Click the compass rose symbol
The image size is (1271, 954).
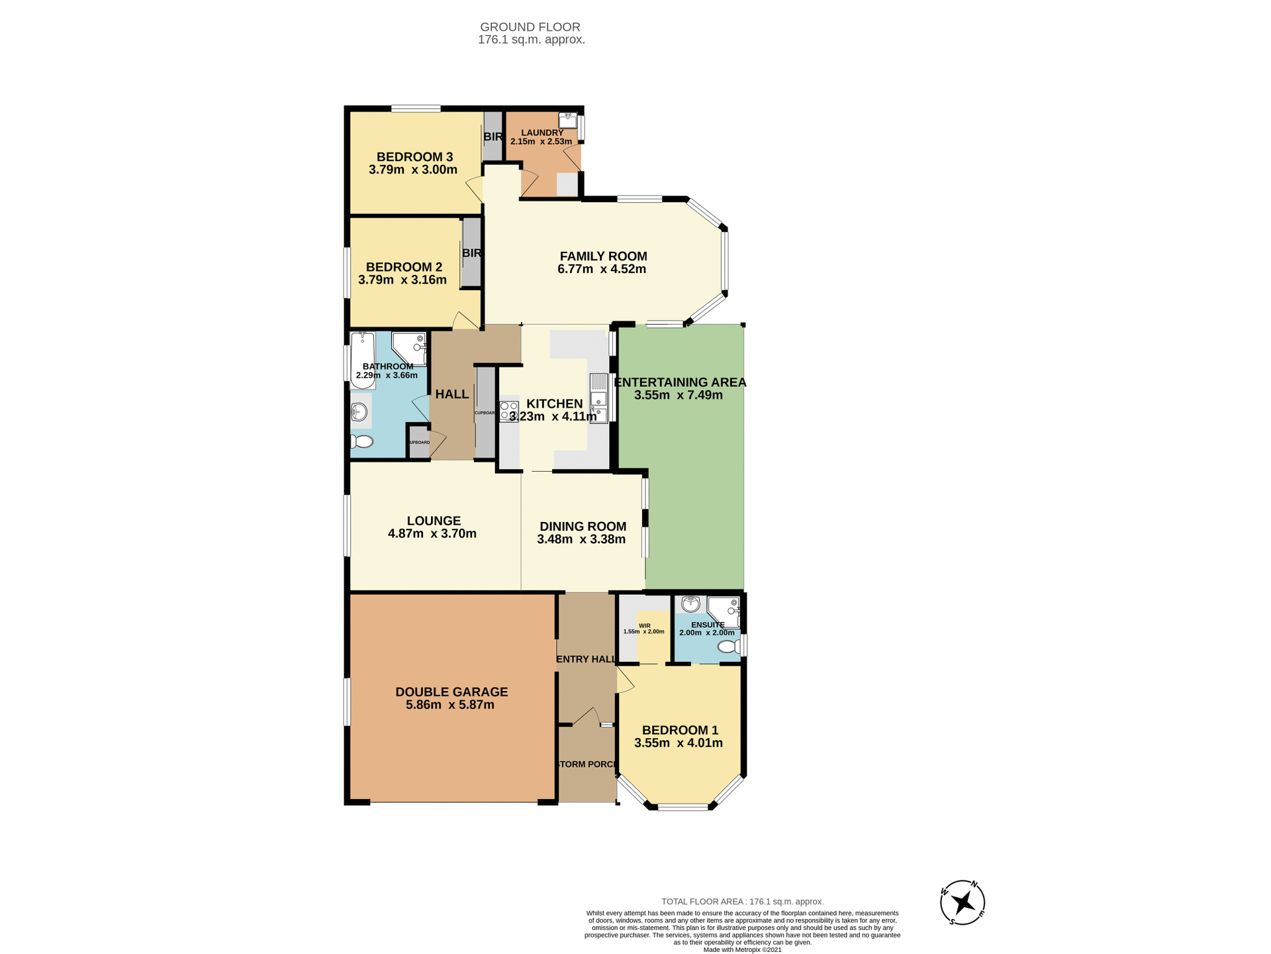(963, 902)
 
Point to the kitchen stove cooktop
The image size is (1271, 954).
(509, 411)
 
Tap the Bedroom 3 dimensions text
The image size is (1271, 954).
(413, 170)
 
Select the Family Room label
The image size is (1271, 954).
(603, 256)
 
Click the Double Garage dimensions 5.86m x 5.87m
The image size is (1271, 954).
(450, 705)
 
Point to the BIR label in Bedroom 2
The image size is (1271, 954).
(471, 253)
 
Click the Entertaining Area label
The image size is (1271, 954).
(680, 382)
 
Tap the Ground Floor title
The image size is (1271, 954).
(530, 27)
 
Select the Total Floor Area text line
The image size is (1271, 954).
(743, 902)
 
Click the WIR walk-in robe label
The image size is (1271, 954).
(644, 625)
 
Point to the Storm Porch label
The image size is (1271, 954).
(587, 764)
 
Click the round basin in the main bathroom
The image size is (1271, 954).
(358, 412)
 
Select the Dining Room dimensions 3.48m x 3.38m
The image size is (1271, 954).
(581, 539)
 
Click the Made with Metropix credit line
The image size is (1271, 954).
(742, 949)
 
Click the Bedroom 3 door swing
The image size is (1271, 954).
(473, 189)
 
